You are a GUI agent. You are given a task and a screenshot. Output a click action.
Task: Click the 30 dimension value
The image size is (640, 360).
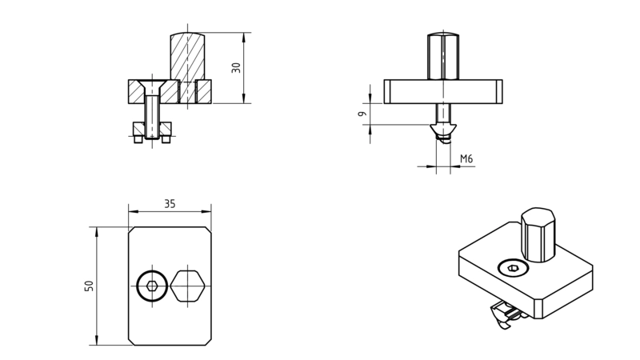click(236, 68)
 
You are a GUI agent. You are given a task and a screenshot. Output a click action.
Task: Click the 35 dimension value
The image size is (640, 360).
click(170, 204)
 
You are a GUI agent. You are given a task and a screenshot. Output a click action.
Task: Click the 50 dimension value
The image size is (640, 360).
click(89, 286)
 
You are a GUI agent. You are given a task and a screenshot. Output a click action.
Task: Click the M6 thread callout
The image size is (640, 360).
click(466, 158)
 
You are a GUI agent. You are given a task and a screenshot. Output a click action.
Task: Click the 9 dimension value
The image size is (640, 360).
click(362, 114)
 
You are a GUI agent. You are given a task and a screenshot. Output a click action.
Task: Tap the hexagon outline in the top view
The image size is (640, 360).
click(188, 286)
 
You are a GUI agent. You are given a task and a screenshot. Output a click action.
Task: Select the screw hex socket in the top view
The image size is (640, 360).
click(152, 286)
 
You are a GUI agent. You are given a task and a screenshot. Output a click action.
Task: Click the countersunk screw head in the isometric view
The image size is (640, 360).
click(513, 268)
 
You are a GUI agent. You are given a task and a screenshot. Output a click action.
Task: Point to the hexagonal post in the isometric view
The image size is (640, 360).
click(538, 234)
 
